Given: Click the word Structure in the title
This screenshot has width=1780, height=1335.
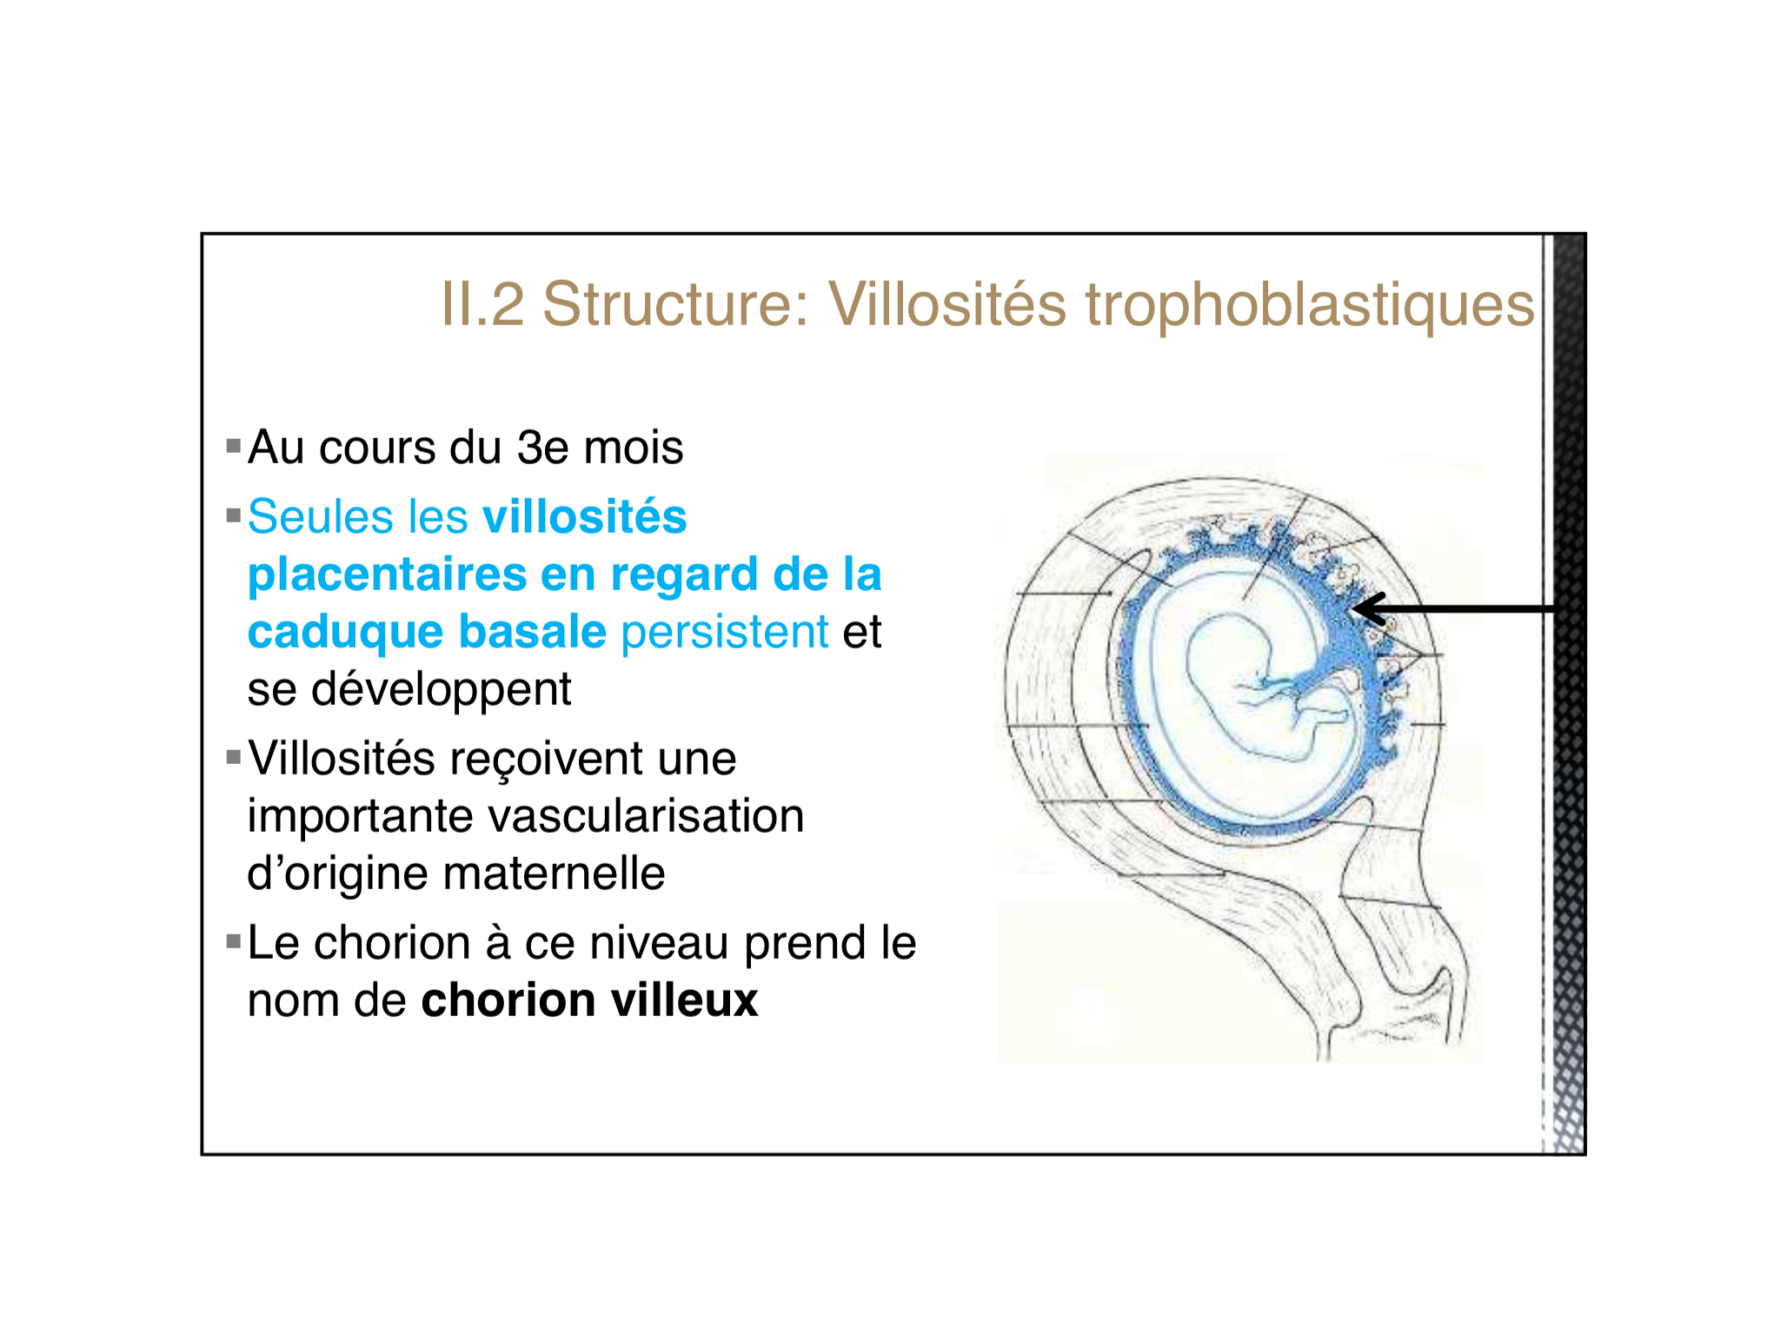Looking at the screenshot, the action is (x=676, y=304).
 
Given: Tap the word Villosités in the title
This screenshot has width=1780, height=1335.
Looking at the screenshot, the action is (x=947, y=304).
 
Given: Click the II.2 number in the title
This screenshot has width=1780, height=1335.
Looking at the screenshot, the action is (x=482, y=304).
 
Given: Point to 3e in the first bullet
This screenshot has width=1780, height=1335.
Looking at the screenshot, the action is (x=543, y=448).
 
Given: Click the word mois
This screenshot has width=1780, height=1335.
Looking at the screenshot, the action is (x=634, y=448).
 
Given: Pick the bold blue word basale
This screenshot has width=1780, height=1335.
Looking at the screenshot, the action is (x=532, y=632).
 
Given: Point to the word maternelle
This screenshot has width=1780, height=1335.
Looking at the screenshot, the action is (x=555, y=873).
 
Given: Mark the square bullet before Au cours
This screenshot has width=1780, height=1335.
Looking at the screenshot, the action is (x=233, y=447).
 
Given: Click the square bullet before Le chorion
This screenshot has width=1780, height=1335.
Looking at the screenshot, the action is (x=233, y=941).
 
